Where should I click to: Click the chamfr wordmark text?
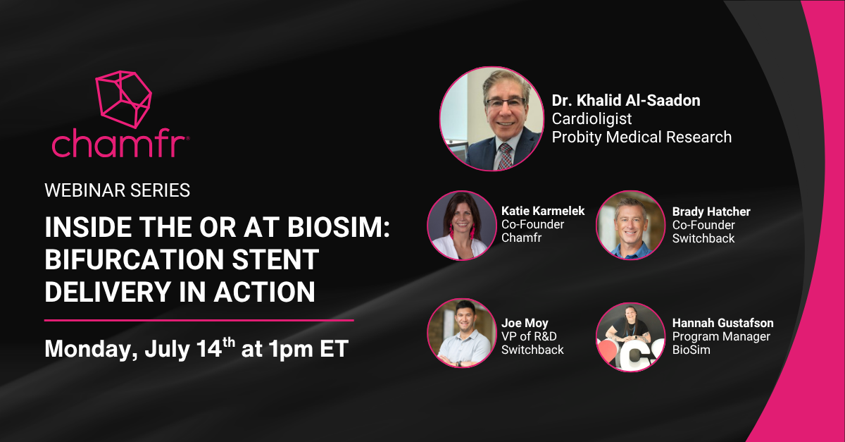pyautogui.click(x=119, y=144)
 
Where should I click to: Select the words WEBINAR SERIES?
pyautogui.click(x=117, y=190)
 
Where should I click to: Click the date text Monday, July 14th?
pyautogui.click(x=139, y=348)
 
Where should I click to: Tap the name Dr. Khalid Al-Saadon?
pyautogui.click(x=625, y=101)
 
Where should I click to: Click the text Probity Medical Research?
pyautogui.click(x=641, y=137)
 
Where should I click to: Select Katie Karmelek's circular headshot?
pyautogui.click(x=461, y=225)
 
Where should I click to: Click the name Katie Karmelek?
pyautogui.click(x=542, y=211)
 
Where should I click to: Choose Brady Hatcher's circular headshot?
pyautogui.click(x=630, y=225)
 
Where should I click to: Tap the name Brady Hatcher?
pyautogui.click(x=711, y=211)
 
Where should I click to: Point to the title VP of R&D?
pyautogui.click(x=529, y=336)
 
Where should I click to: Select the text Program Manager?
pyautogui.click(x=721, y=336)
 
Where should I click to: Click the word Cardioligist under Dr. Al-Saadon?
pyautogui.click(x=591, y=118)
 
